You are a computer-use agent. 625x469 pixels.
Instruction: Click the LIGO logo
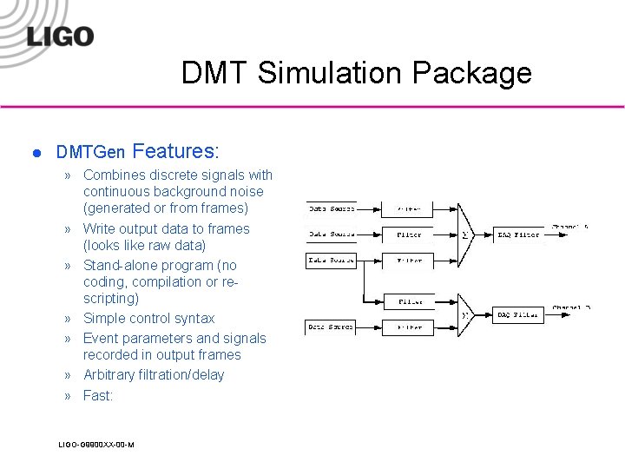[x=60, y=36]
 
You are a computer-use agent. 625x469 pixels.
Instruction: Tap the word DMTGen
[x=90, y=152]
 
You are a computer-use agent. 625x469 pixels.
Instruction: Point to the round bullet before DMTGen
[x=36, y=153]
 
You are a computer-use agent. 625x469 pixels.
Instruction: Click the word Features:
[x=176, y=151]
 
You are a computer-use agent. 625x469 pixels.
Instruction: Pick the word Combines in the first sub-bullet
[x=115, y=175]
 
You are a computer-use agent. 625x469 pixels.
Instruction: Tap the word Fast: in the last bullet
[x=98, y=396]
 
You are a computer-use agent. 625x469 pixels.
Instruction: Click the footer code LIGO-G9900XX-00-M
[x=95, y=445]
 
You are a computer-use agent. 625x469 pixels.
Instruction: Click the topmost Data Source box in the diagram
[x=332, y=209]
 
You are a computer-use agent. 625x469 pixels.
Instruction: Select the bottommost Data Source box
[x=332, y=327]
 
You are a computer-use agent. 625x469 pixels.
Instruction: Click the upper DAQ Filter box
[x=519, y=234]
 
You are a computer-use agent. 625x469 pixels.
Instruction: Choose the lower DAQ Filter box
[x=519, y=314]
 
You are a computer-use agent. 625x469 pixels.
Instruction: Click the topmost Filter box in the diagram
[x=409, y=209]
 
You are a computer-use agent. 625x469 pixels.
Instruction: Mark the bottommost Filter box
[x=409, y=327]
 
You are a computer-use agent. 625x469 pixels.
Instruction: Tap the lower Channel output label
[x=571, y=307]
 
